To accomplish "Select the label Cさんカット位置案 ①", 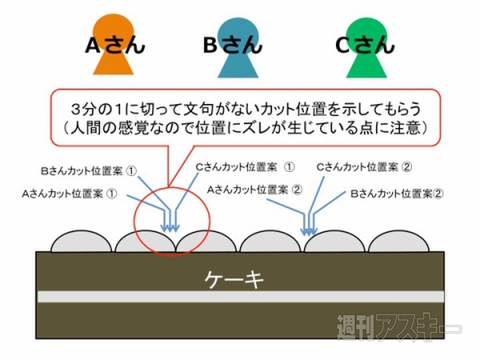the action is pyautogui.click(x=245, y=166).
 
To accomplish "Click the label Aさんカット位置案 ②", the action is pyautogui.click(x=255, y=188).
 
